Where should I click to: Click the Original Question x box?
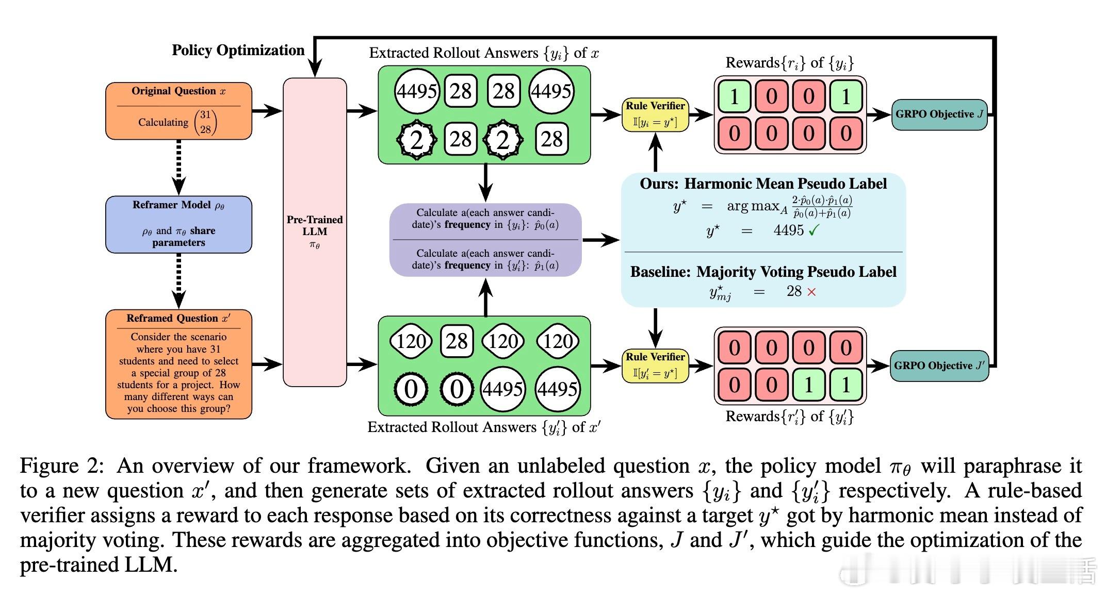pyautogui.click(x=178, y=111)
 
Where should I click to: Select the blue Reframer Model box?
pyautogui.click(x=178, y=224)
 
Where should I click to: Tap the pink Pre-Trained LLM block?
pyautogui.click(x=315, y=232)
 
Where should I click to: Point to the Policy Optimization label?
pyautogui.click(x=238, y=51)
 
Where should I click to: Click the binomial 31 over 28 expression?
pyautogui.click(x=205, y=122)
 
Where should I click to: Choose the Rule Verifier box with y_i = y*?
pyautogui.click(x=655, y=114)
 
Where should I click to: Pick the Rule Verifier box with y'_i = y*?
pyautogui.click(x=655, y=366)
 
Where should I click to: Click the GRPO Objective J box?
pyautogui.click(x=939, y=114)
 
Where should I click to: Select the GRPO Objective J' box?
pyautogui.click(x=939, y=366)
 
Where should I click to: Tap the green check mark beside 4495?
pyautogui.click(x=814, y=231)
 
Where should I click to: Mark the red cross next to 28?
pyautogui.click(x=811, y=292)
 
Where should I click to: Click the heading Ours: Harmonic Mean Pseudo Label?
pyautogui.click(x=763, y=184)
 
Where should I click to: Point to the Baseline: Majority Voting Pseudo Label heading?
pyautogui.click(x=763, y=272)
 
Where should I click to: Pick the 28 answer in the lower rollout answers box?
pyautogui.click(x=457, y=341)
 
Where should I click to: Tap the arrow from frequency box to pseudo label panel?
pyautogui.click(x=601, y=240)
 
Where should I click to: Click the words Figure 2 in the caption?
pyautogui.click(x=62, y=466)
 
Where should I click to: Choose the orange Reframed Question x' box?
pyautogui.click(x=178, y=364)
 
